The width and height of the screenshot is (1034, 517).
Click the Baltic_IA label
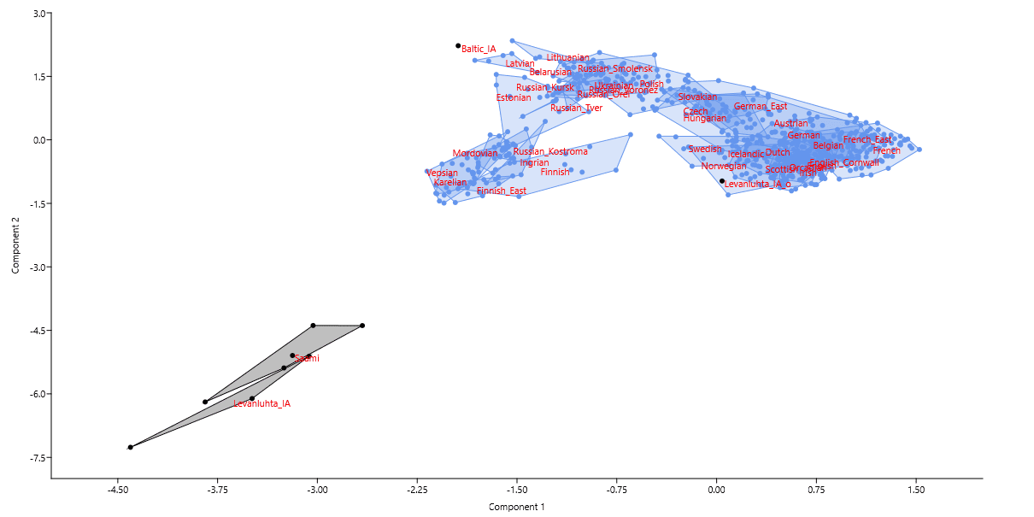pyautogui.click(x=479, y=50)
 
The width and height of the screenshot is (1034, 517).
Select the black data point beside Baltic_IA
pyautogui.click(x=458, y=45)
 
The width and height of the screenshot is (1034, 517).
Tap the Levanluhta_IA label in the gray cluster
pyautogui.click(x=261, y=403)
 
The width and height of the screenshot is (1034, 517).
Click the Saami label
pyautogui.click(x=307, y=359)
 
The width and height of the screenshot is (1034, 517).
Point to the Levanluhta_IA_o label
pyautogui.click(x=757, y=184)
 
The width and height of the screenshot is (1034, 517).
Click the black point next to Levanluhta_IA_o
pyautogui.click(x=722, y=181)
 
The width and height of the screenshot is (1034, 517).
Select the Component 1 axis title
pyautogui.click(x=516, y=507)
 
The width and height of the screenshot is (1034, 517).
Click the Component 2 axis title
pyautogui.click(x=15, y=245)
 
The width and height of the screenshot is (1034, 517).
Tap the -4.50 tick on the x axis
pyautogui.click(x=117, y=491)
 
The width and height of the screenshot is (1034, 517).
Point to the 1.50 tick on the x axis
pyautogui.click(x=916, y=491)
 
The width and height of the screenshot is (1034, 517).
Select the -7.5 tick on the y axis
pyautogui.click(x=38, y=458)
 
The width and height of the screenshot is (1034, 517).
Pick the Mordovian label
pyautogui.click(x=475, y=154)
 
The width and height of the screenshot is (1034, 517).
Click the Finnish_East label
pyautogui.click(x=502, y=191)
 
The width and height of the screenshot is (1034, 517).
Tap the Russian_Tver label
pyautogui.click(x=576, y=109)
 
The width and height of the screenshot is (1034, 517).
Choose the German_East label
pyautogui.click(x=761, y=107)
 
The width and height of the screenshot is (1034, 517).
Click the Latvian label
pyautogui.click(x=520, y=64)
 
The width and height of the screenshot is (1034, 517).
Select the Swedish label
pyautogui.click(x=705, y=149)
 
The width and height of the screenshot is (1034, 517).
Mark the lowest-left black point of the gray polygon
pyautogui.click(x=130, y=447)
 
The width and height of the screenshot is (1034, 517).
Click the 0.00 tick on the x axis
pyautogui.click(x=716, y=491)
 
